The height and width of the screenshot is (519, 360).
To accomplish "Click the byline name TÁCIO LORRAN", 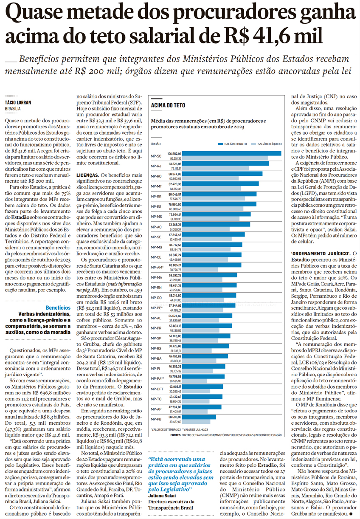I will click(x=18, y=103).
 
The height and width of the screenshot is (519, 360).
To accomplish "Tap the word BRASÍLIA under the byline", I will click(x=13, y=109).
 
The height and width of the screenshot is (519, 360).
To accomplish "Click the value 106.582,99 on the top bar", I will click(x=175, y=153).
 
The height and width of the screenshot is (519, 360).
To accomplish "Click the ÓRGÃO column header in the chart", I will click(x=156, y=144).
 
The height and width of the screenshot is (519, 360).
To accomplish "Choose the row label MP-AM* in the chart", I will click(x=157, y=267).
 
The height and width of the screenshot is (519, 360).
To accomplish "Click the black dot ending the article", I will click(x=352, y=514).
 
